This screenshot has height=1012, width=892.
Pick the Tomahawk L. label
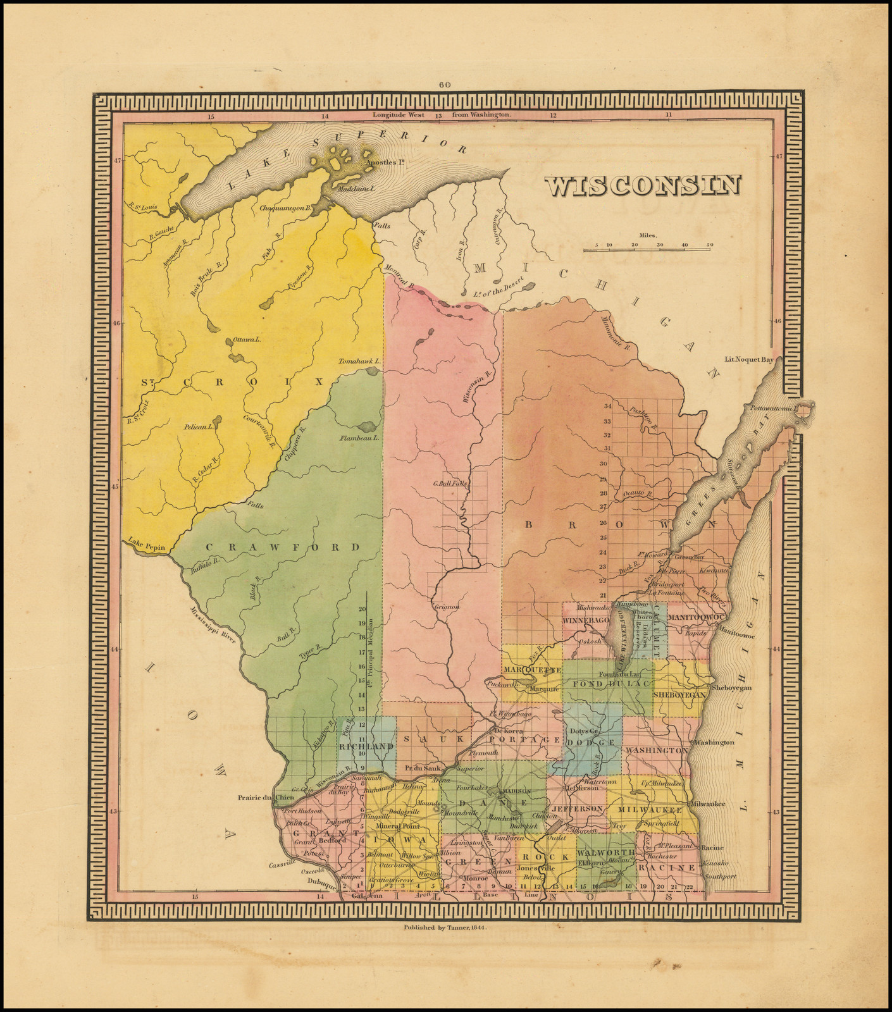click(359, 361)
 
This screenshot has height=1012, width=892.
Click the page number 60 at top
click(443, 85)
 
